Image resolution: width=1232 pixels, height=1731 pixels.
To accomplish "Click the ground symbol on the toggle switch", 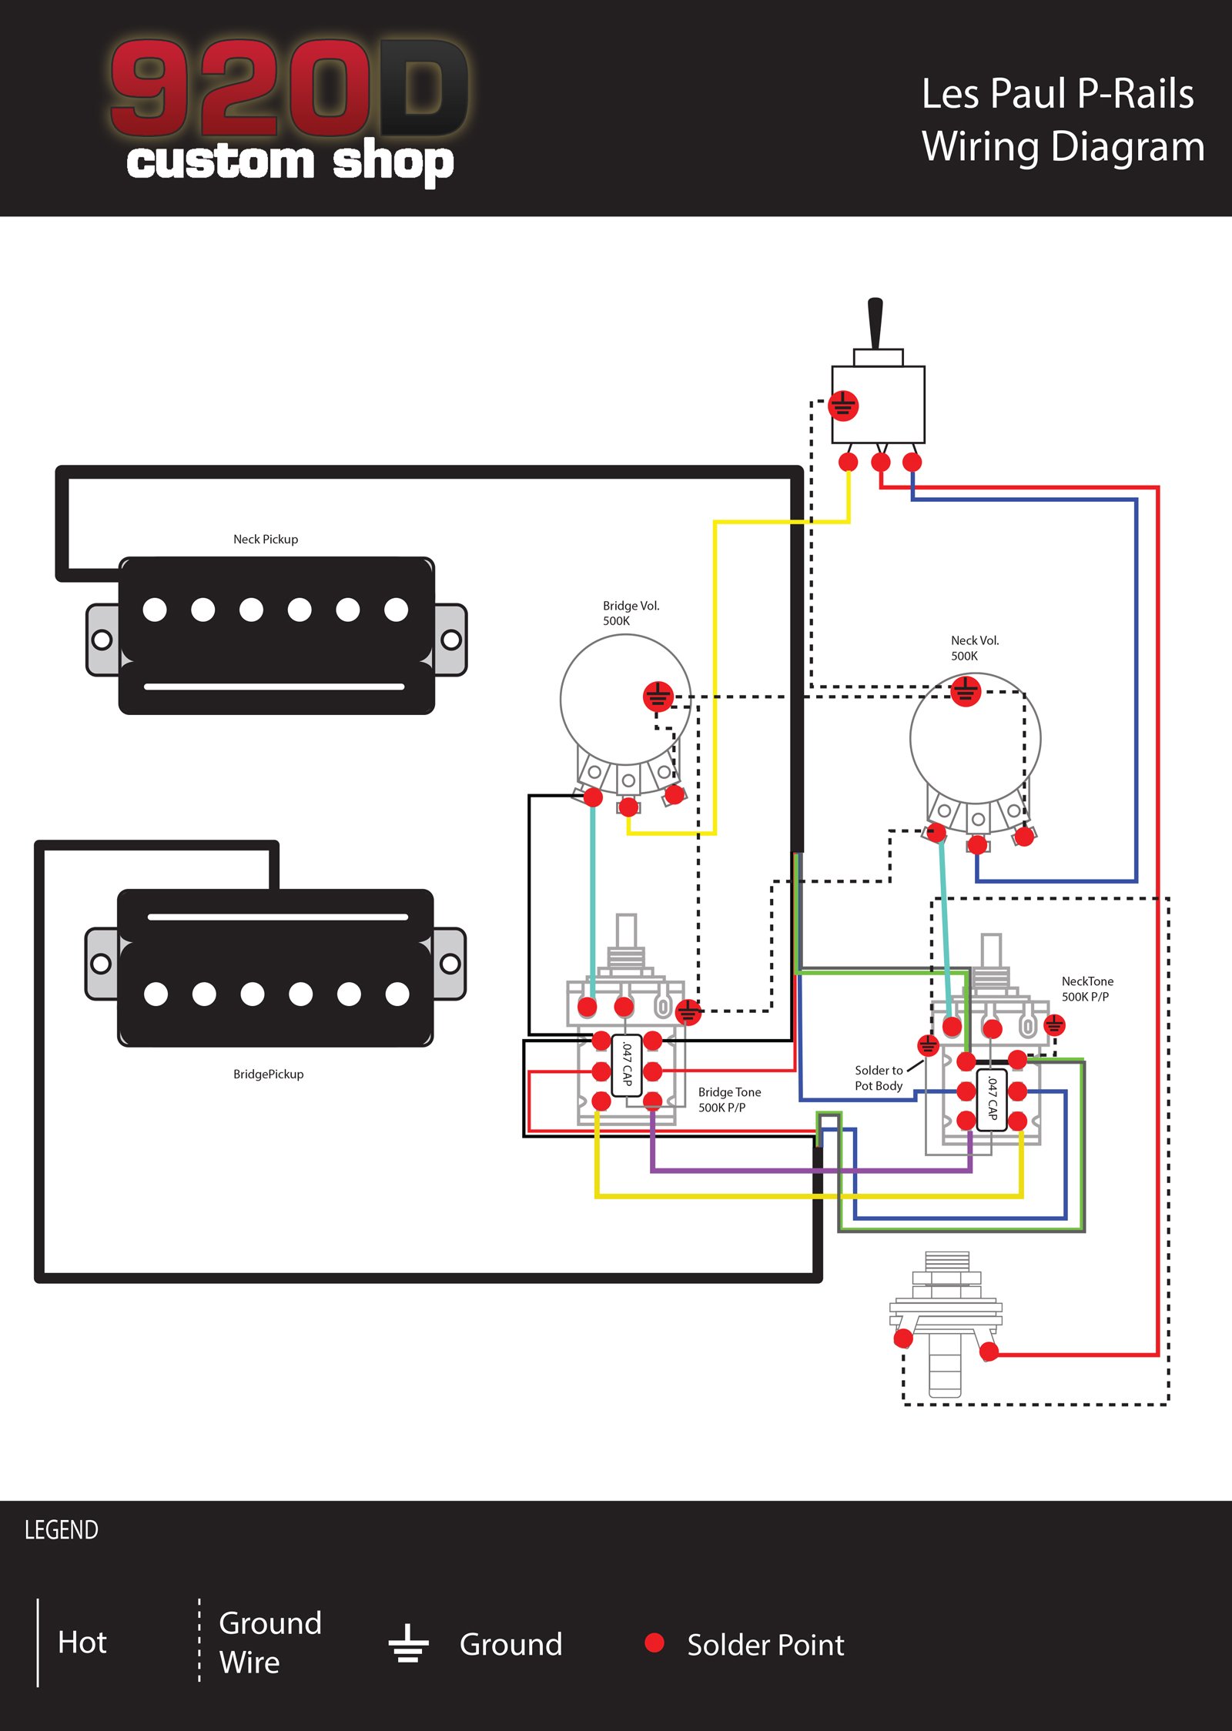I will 843,406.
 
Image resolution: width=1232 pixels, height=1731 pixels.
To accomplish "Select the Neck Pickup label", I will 266,539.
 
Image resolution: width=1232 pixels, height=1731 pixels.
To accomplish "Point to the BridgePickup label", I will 268,1074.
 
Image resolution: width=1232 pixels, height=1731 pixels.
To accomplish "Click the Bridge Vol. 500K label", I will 631,613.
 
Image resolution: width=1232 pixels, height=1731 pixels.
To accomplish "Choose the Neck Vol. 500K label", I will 974,647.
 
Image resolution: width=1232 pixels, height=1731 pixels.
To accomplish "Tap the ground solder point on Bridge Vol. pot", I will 658,697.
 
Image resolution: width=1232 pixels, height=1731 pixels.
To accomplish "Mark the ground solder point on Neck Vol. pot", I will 966,690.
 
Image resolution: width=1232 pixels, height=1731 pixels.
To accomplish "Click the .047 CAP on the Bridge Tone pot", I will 627,1065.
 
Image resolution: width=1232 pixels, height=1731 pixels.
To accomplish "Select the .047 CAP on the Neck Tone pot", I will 992,1099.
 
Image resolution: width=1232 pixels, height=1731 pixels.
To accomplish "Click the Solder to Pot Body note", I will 879,1078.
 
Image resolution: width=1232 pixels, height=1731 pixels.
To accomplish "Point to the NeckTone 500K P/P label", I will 1086,988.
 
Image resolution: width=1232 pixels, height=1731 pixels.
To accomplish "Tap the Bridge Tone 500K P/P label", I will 729,1099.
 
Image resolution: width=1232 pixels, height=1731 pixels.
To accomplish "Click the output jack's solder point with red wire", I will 989,1352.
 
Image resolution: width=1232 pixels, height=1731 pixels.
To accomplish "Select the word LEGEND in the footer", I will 62,1529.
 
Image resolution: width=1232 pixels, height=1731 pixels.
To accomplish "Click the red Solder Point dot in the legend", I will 654,1642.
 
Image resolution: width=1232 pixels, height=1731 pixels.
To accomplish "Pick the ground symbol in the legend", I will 408,1642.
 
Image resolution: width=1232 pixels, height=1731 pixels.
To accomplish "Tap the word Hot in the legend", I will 82,1642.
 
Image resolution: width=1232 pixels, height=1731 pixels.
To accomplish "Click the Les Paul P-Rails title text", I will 1057,94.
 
